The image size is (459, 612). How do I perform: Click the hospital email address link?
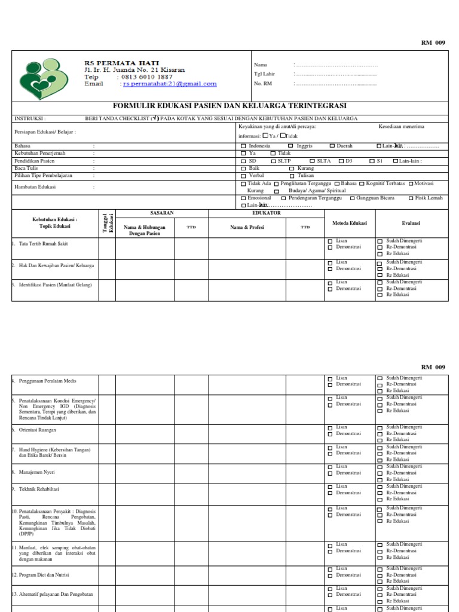point(170,84)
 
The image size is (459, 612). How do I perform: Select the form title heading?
point(229,106)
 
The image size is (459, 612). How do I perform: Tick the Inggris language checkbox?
point(290,146)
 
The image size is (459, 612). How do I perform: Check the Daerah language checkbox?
point(332,146)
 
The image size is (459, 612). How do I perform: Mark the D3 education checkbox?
point(341,161)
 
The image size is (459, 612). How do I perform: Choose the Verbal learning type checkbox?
point(243,176)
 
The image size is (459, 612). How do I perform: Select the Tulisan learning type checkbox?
point(292,176)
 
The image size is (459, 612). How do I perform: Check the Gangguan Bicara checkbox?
point(353,198)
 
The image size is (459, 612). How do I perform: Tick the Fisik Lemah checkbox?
point(411,198)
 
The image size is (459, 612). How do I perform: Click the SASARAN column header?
point(162,213)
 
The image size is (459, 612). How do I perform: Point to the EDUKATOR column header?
point(267,213)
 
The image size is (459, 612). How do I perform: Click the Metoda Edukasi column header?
point(350,224)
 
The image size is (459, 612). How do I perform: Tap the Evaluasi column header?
point(411,224)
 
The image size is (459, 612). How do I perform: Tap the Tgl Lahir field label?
point(264,74)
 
